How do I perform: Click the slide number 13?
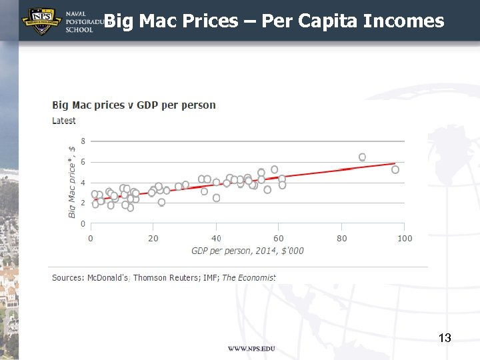[445, 338]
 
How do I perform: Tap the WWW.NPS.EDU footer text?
[251, 349]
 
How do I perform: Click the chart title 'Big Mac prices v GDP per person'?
[134, 105]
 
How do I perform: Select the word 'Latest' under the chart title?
[64, 121]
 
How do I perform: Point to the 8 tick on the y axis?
[83, 141]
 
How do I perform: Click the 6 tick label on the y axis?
[83, 161]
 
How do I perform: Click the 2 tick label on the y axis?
[83, 203]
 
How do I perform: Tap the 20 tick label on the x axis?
[153, 238]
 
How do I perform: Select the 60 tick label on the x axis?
[279, 238]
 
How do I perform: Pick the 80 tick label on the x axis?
[341, 238]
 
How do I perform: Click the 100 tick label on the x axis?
[405, 238]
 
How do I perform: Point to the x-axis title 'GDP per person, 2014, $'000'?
[247, 251]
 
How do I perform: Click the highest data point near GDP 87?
[362, 157]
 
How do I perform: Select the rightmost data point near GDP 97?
[395, 169]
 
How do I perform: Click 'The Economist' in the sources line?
[249, 277]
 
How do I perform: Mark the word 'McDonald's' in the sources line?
[109, 277]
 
